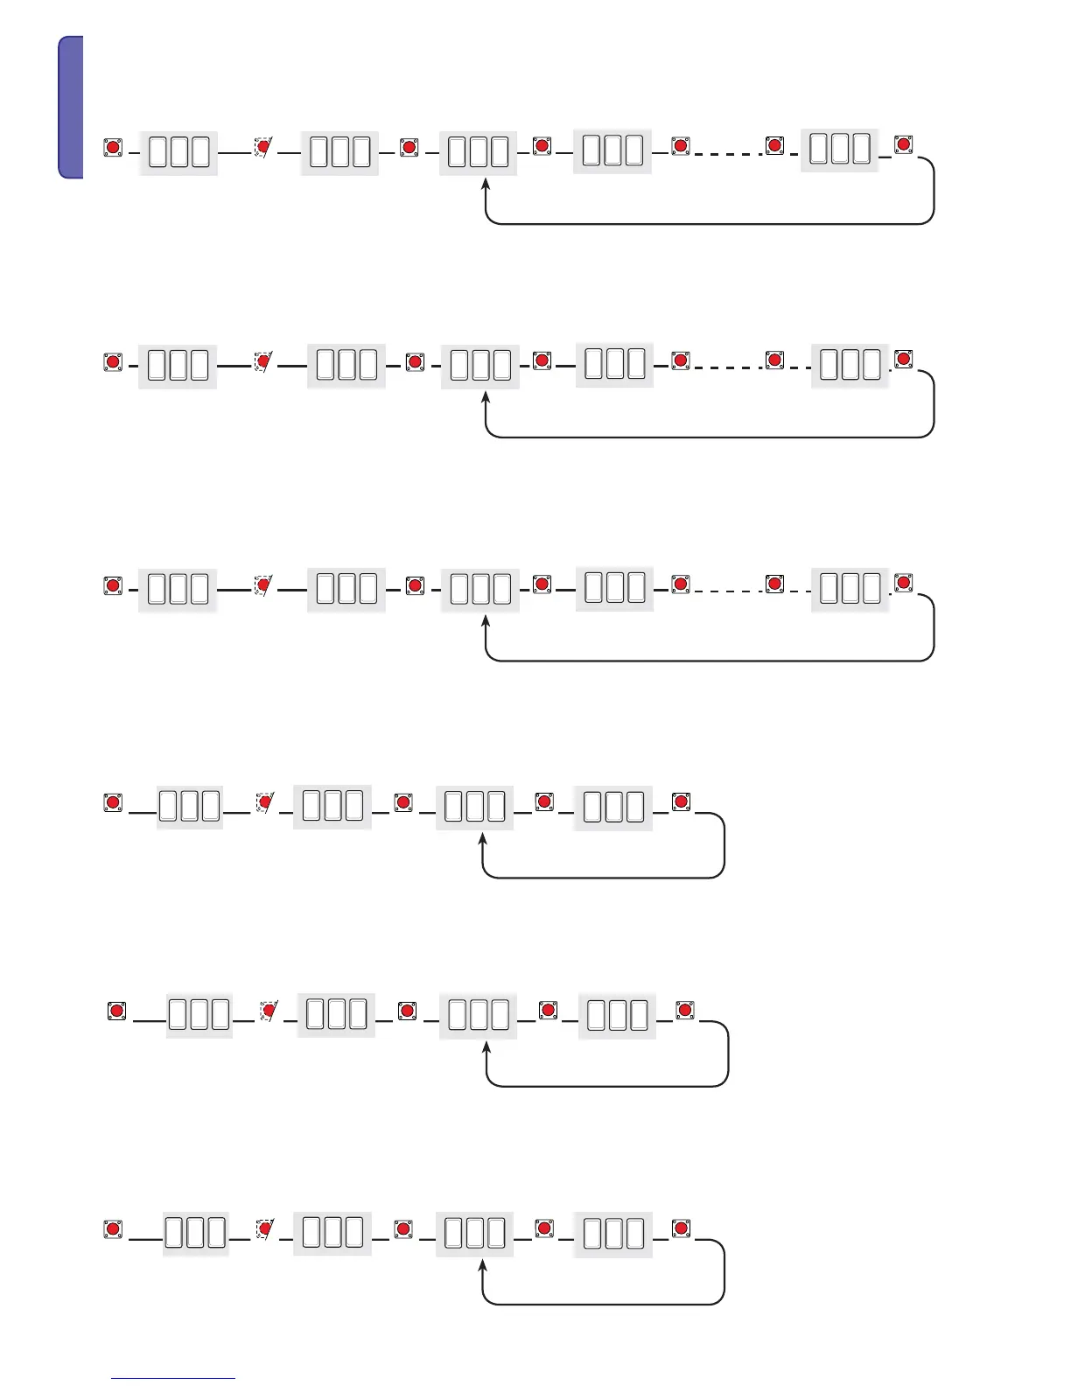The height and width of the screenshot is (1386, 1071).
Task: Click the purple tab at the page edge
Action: pyautogui.click(x=71, y=107)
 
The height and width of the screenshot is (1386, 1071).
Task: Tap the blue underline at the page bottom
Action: pyautogui.click(x=173, y=1379)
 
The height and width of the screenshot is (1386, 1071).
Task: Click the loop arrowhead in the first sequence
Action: pyautogui.click(x=486, y=185)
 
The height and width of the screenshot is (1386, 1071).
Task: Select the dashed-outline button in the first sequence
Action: pyautogui.click(x=263, y=147)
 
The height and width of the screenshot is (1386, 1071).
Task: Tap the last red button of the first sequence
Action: pyautogui.click(x=904, y=144)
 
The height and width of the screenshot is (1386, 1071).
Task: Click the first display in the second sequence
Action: pyautogui.click(x=178, y=365)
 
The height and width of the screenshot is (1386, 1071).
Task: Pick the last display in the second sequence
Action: pyautogui.click(x=850, y=365)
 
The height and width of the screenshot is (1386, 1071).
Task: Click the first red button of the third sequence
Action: pyautogui.click(x=113, y=584)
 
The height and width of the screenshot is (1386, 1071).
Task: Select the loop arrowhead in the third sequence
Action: pyautogui.click(x=486, y=622)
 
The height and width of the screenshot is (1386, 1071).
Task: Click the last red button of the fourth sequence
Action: pyautogui.click(x=681, y=801)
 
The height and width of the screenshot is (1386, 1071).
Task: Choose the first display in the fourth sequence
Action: pyautogui.click(x=189, y=806)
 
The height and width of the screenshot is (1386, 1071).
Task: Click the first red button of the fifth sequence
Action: pyautogui.click(x=116, y=1011)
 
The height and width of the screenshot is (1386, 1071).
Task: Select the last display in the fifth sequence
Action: pyautogui.click(x=617, y=1015)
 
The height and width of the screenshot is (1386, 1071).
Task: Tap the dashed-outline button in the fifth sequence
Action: pyautogui.click(x=269, y=1011)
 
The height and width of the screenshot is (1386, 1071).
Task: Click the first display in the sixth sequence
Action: pyautogui.click(x=195, y=1233)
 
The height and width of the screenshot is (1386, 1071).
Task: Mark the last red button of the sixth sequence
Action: pyautogui.click(x=681, y=1228)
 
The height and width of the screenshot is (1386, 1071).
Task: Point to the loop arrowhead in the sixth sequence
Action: pyautogui.click(x=482, y=1266)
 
